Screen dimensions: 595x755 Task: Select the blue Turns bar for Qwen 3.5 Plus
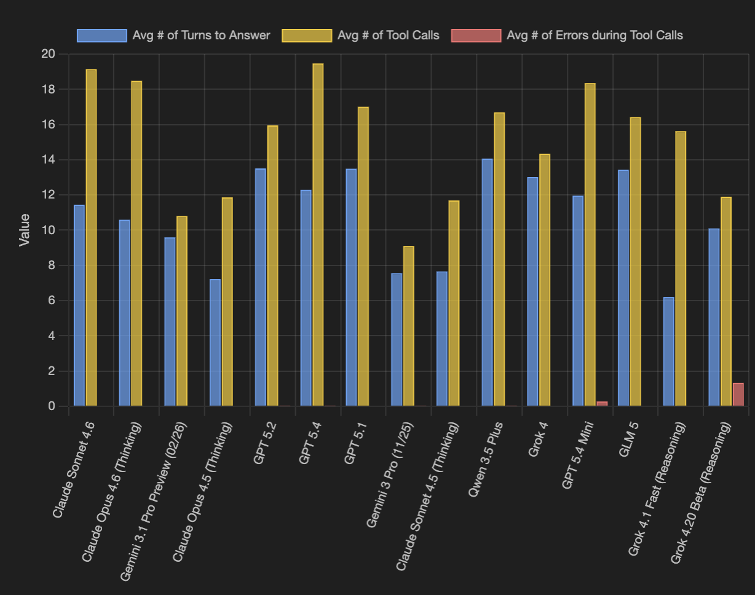pos(487,283)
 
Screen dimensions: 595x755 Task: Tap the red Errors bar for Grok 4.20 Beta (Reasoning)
pos(738,395)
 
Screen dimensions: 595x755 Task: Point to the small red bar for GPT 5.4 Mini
pos(602,404)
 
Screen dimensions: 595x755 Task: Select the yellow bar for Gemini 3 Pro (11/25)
pos(408,326)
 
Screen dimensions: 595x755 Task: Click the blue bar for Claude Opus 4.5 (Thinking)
pos(215,343)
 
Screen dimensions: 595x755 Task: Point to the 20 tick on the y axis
pos(48,54)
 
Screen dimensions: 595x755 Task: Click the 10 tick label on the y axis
pos(48,231)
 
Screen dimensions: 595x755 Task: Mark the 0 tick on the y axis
pos(52,406)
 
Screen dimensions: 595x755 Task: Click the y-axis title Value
pos(25,230)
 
